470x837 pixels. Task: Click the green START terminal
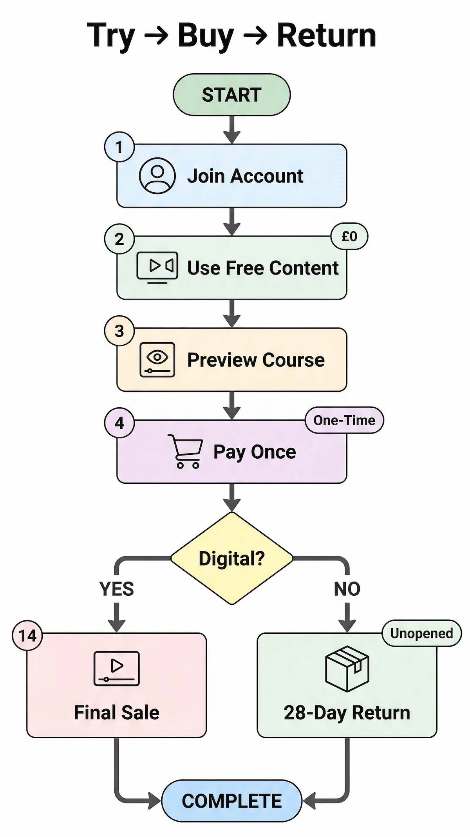pos(231,95)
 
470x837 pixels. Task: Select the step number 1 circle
pos(119,147)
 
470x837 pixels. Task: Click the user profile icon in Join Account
pos(157,175)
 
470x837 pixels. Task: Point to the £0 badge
pos(349,236)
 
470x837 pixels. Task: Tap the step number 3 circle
pos(119,331)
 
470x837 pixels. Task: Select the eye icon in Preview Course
pos(157,359)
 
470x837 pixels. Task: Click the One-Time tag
pos(344,420)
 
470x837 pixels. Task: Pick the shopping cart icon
pos(186,452)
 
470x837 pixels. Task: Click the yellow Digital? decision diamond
pos(231,558)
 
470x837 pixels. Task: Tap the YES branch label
pos(116,589)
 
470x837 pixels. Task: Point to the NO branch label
pos(347,589)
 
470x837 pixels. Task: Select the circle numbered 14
pos(27,635)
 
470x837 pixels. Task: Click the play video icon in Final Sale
pos(116,668)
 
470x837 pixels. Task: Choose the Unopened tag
pos(421,633)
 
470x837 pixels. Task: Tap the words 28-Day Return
pos(347,712)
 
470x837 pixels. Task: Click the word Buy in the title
pos(206,36)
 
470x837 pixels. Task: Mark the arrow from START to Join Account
pos(232,129)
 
